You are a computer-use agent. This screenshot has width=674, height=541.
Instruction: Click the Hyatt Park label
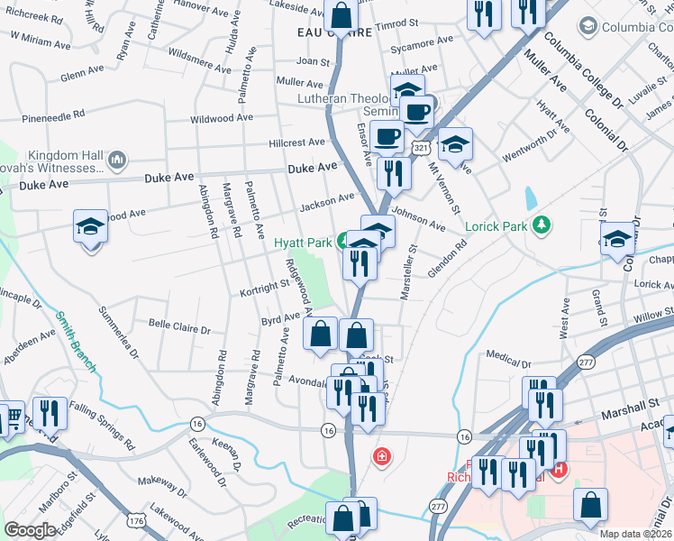[303, 243]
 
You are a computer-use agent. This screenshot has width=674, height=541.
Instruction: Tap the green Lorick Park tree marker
[542, 224]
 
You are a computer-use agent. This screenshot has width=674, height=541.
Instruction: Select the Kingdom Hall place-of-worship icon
[115, 160]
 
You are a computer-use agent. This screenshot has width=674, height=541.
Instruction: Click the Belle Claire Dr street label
[178, 330]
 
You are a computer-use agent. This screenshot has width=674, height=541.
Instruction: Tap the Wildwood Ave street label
[222, 118]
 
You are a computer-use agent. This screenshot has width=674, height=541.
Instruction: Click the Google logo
[30, 530]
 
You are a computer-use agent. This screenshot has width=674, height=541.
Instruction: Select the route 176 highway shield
[136, 520]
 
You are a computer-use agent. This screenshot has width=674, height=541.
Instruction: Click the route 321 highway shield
[420, 146]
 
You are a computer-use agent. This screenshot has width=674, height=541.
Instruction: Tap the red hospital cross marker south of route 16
[382, 456]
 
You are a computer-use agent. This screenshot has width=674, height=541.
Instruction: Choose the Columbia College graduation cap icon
[589, 26]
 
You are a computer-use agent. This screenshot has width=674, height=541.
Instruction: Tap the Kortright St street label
[263, 288]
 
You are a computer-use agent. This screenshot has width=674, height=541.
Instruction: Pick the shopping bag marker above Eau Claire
[342, 14]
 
